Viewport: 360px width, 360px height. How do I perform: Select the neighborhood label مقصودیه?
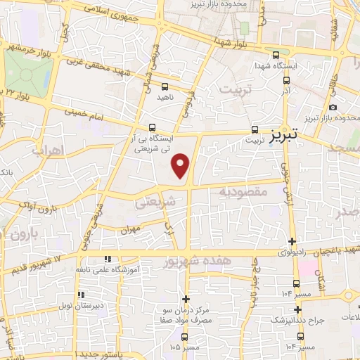[x=244, y=191]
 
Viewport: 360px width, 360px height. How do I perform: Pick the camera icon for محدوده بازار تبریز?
[x=333, y=108]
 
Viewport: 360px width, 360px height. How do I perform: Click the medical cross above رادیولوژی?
[x=292, y=241]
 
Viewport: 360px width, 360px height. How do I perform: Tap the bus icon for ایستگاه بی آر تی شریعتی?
[x=152, y=128]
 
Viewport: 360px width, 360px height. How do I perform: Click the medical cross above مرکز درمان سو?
[x=186, y=299]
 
